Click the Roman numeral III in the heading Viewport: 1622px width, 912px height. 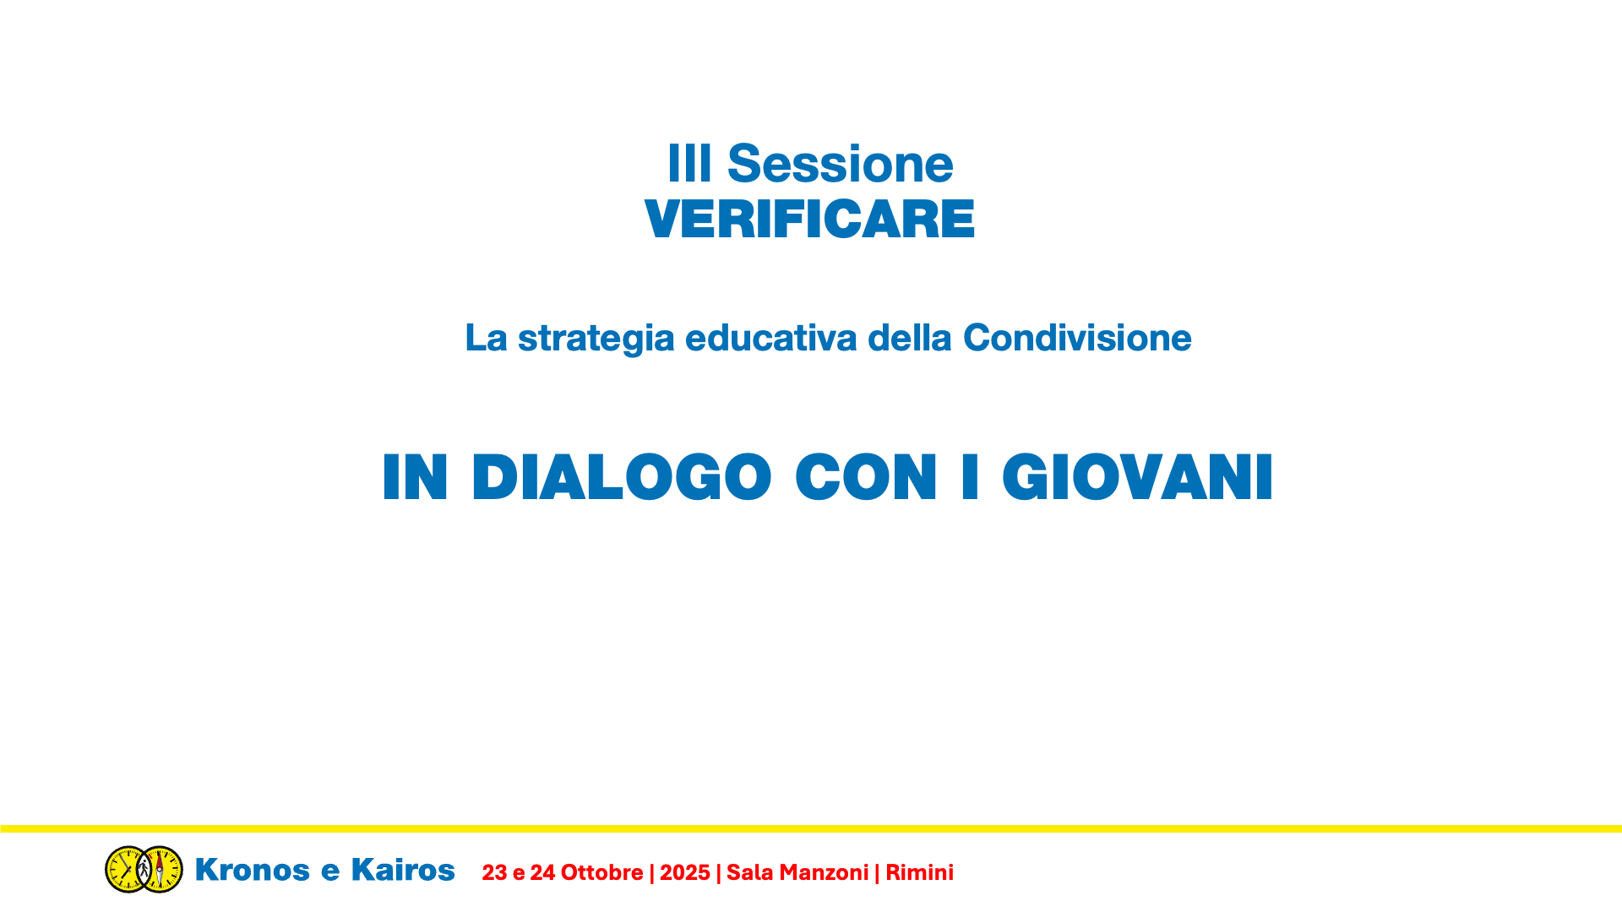click(x=689, y=164)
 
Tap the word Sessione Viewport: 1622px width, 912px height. click(x=840, y=164)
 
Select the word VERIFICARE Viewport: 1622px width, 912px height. click(x=809, y=220)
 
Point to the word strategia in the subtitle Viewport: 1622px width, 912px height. click(x=596, y=339)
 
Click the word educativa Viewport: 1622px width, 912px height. click(x=770, y=338)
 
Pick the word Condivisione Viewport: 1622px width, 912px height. click(x=1077, y=338)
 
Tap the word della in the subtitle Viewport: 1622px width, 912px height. click(x=910, y=338)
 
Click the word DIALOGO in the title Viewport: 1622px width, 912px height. click(x=622, y=477)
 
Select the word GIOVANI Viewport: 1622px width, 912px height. click(x=1137, y=477)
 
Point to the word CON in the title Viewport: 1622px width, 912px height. click(x=866, y=477)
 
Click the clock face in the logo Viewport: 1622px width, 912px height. click(x=127, y=869)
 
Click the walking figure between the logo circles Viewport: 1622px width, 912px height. click(x=144, y=868)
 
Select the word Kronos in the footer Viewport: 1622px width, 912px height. click(x=252, y=870)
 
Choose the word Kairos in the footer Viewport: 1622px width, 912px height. click(x=403, y=870)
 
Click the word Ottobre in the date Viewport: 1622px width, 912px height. click(x=601, y=872)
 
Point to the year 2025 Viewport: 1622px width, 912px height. click(x=685, y=872)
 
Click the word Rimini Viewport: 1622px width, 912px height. click(x=919, y=872)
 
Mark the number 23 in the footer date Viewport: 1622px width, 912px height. click(x=494, y=872)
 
